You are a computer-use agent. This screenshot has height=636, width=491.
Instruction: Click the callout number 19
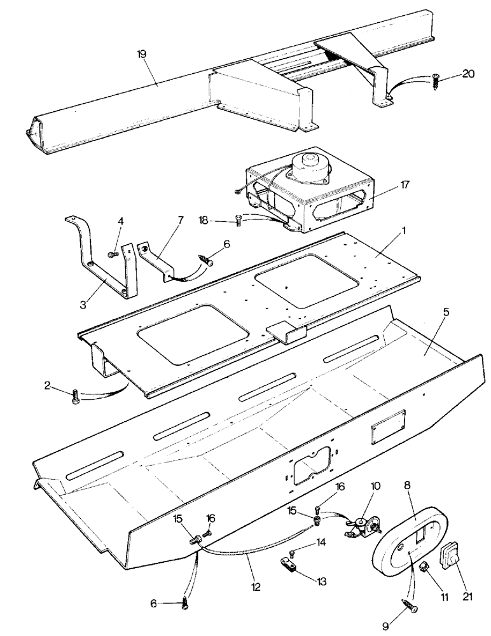tap(142, 55)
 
